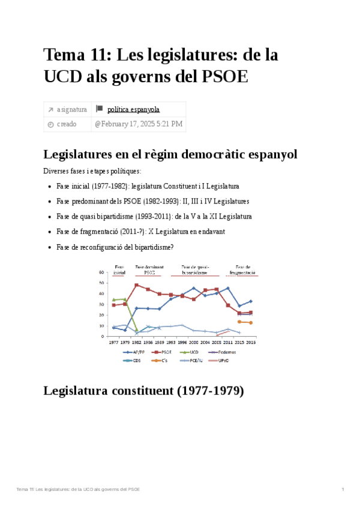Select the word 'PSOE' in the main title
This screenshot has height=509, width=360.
(223, 77)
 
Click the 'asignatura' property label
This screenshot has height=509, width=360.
(71, 109)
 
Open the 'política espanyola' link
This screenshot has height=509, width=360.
(133, 109)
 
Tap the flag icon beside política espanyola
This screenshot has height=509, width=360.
(100, 109)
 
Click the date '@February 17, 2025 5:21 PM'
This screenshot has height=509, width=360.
(138, 124)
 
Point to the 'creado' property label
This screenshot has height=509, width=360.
(67, 124)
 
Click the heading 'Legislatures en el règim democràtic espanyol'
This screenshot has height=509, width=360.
(171, 154)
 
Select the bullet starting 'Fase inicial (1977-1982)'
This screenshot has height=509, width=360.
(148, 186)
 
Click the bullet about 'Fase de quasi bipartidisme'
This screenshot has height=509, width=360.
(154, 216)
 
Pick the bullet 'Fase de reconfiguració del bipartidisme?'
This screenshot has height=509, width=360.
(115, 247)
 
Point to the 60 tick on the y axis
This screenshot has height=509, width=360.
(102, 272)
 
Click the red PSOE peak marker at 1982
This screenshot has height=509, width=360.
(137, 285)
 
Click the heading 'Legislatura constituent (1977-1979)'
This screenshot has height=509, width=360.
(144, 391)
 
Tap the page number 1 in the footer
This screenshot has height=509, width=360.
(343, 490)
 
